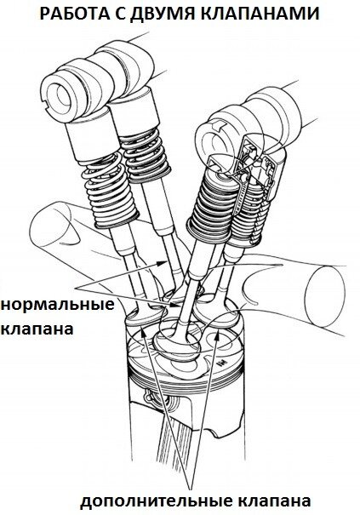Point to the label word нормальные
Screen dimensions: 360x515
pyautogui.click(x=58, y=304)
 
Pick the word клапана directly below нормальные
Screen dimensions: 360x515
pyautogui.click(x=37, y=329)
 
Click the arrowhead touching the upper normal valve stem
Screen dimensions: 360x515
pyautogui.click(x=163, y=262)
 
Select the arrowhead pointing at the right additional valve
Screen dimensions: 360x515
pyautogui.click(x=217, y=336)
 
